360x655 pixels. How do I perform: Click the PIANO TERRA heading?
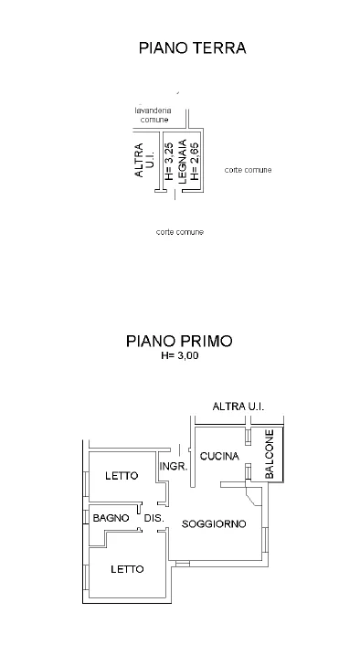point(192,48)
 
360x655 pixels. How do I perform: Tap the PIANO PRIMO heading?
point(179,341)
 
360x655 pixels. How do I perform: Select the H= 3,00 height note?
point(180,356)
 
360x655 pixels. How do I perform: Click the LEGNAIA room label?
point(183,161)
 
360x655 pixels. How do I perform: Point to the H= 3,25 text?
point(169,161)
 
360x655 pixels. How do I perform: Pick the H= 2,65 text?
point(195,161)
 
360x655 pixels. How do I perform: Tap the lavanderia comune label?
point(154,115)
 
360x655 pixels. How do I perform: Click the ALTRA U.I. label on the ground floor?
point(144,160)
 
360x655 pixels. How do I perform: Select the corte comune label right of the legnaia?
point(249,170)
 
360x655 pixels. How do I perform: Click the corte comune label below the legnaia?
point(180,232)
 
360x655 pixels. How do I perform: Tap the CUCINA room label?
point(219,456)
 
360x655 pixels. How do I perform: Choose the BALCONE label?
point(270,454)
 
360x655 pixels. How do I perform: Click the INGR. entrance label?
point(174,467)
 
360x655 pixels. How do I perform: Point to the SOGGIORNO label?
point(214,523)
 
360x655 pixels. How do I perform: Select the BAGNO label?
point(111,518)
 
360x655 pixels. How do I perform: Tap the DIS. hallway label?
point(154,518)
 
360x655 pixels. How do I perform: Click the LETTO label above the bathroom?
point(122,475)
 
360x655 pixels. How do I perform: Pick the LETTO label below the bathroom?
point(127,569)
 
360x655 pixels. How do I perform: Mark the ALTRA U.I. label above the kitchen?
point(238,406)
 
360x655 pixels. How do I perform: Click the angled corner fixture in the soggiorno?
point(253,495)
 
